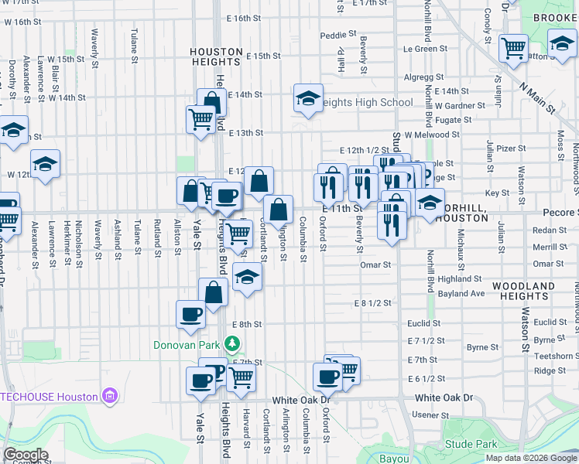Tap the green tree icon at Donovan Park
231,343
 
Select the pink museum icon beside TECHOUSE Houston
111,397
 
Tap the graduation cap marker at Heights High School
308,98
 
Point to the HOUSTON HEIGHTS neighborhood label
217,56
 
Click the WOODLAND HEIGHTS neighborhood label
528,291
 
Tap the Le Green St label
420,49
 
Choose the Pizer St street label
511,148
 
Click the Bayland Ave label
461,294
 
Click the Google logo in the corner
26,455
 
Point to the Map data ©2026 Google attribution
531,458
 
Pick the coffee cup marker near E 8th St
190,313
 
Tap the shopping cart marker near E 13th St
200,118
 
